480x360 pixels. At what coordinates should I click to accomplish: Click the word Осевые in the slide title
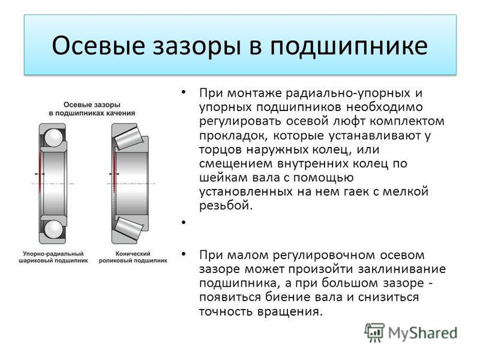(98, 46)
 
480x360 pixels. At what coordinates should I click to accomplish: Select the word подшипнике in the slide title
(349, 46)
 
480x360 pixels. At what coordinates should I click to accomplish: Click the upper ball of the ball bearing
(52, 137)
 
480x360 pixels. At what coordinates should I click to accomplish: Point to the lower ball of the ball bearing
(53, 229)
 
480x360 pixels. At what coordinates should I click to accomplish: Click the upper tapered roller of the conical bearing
(127, 137)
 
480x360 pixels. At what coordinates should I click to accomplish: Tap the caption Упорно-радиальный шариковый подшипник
(53, 257)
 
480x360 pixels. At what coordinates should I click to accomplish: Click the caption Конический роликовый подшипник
(133, 257)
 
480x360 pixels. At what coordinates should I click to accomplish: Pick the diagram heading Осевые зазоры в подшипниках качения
(92, 109)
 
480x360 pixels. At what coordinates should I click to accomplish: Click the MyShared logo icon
(374, 332)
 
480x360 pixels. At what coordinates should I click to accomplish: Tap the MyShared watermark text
(423, 333)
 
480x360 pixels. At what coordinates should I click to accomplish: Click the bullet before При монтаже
(184, 92)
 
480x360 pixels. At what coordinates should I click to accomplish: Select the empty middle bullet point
(184, 222)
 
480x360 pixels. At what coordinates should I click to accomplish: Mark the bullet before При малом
(184, 254)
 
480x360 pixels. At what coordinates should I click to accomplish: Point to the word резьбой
(226, 205)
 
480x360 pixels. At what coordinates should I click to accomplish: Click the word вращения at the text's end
(290, 312)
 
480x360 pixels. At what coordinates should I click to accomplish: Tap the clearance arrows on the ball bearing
(40, 174)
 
